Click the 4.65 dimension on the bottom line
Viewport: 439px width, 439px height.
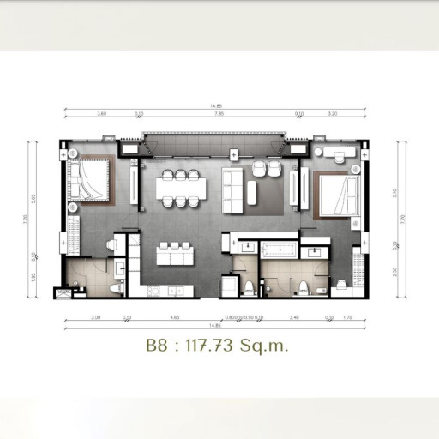coord(175,317)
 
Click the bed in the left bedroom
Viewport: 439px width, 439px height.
coord(88,182)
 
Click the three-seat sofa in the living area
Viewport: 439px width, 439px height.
coord(232,190)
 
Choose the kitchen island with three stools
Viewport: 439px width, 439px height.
coord(176,256)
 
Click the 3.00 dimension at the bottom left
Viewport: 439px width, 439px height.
coord(96,317)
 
